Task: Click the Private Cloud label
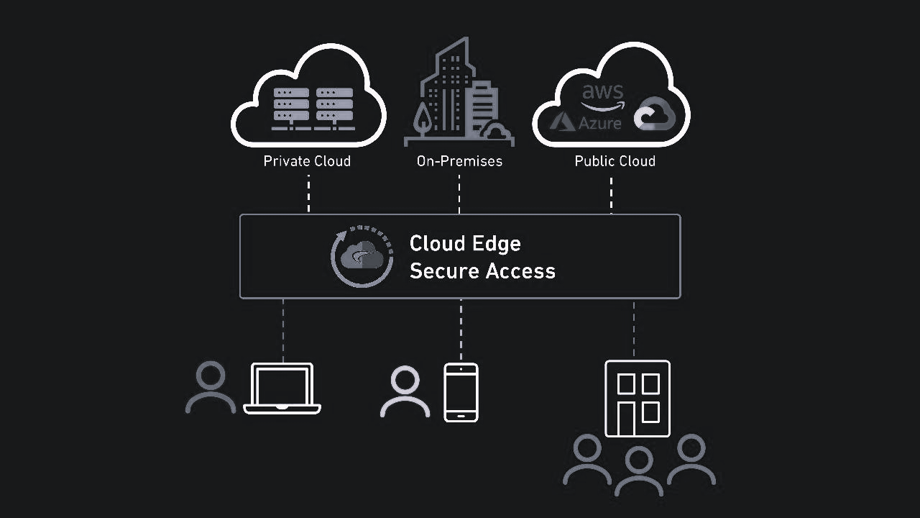pos(307,161)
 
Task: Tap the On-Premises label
pos(459,161)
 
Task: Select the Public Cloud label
pos(615,161)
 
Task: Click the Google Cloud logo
pos(655,114)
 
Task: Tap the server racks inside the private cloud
pos(313,108)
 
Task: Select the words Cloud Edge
pos(465,244)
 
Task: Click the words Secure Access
pos(482,271)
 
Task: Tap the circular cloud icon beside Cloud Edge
pos(362,257)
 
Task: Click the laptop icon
pos(282,388)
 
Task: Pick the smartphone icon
pos(461,392)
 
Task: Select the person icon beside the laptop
pos(211,387)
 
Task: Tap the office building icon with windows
pos(638,399)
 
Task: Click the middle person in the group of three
pos(638,471)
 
